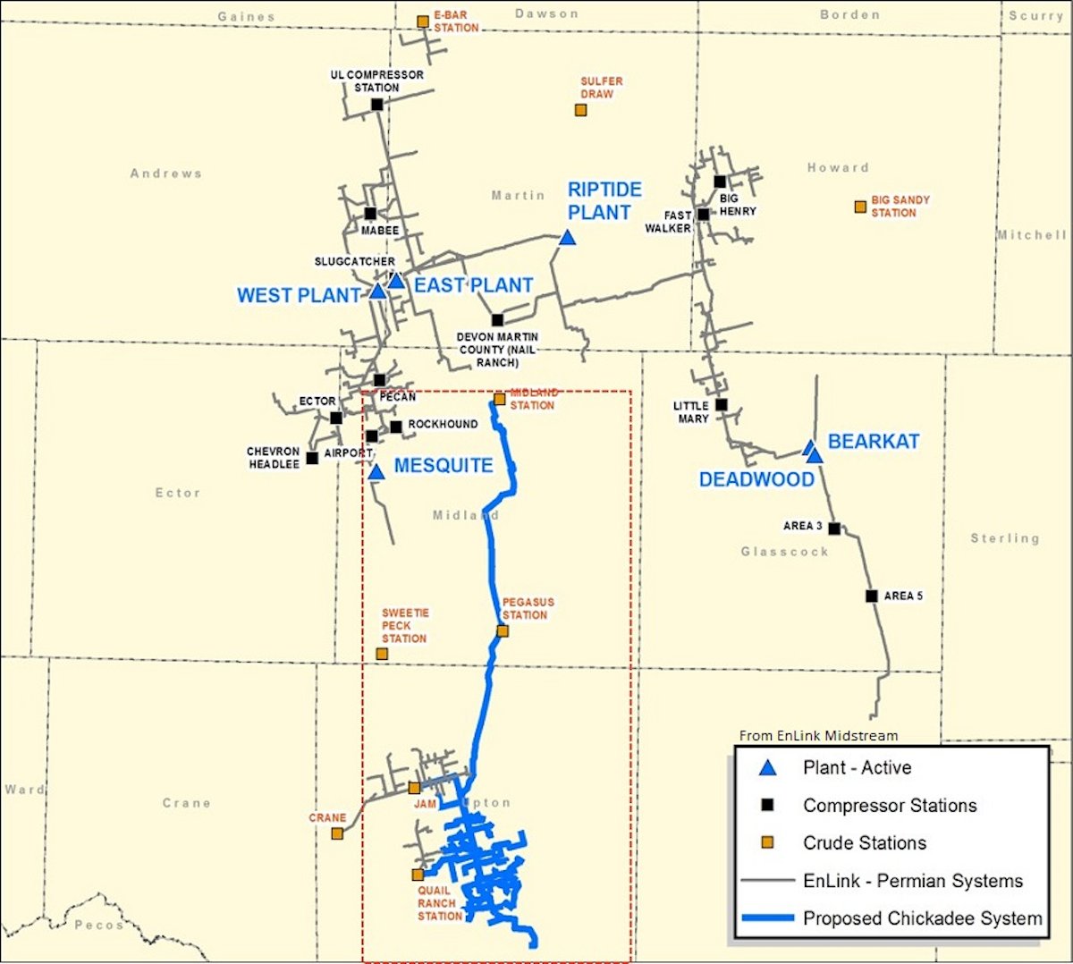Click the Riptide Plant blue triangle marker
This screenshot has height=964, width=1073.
tap(567, 238)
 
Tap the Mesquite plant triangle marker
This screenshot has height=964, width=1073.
tap(376, 472)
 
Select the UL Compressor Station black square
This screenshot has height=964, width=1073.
tap(377, 105)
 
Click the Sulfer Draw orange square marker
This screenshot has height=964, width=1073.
tap(581, 110)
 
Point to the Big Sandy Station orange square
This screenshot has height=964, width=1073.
tap(860, 207)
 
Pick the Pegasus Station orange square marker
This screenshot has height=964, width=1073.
tap(503, 631)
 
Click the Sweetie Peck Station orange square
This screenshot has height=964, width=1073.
tap(382, 654)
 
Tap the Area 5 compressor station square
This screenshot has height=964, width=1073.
tap(872, 596)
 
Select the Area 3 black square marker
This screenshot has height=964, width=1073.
tap(834, 529)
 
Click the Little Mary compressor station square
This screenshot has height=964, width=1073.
tap(722, 405)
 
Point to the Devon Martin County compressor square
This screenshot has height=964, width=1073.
tap(497, 320)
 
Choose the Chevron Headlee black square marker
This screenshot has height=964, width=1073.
tap(312, 458)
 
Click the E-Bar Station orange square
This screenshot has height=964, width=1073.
tap(423, 21)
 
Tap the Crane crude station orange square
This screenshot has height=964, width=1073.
tap(337, 833)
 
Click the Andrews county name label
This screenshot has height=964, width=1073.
tap(166, 173)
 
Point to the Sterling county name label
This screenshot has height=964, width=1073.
tap(1005, 538)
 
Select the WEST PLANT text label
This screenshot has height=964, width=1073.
tap(299, 296)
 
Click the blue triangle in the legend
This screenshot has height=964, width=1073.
tap(767, 768)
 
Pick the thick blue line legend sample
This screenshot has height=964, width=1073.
tap(767, 918)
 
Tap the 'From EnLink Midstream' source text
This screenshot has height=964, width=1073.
tap(818, 736)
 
